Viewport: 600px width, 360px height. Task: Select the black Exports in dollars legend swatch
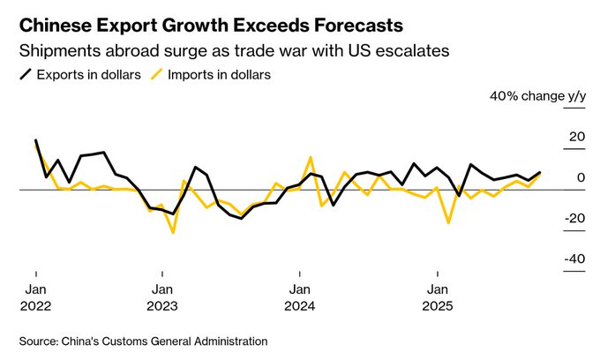pos(27,75)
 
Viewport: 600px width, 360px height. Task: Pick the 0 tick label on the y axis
pos(581,177)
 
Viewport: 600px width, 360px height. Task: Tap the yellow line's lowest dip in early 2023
pos(173,233)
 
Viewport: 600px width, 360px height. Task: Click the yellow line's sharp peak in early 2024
pos(311,158)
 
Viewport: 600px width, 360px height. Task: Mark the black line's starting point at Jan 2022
pos(35,140)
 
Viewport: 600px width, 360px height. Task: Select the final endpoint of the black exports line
pos(540,173)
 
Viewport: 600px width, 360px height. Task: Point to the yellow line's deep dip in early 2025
pos(448,222)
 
